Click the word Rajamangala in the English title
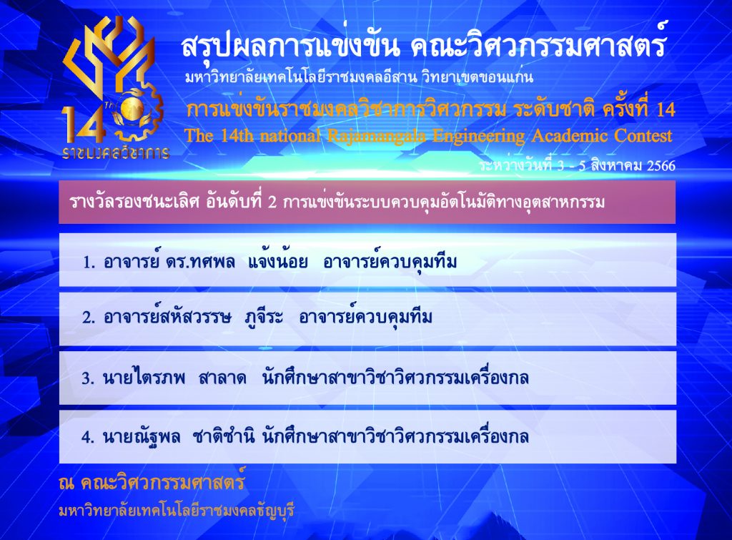pos(376,136)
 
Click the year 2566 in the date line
pos(661,165)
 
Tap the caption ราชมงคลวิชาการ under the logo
pos(115,152)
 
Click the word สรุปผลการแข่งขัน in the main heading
pos(290,46)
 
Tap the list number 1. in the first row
pos(89,262)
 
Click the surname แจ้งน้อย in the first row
pos(278,260)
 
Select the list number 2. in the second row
pos(89,318)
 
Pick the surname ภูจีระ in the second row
pos(264,318)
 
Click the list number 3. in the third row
pos(88,378)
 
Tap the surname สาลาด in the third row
pos(222,377)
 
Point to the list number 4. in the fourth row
pos(88,437)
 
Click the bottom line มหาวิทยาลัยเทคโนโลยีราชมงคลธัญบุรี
pos(177,510)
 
